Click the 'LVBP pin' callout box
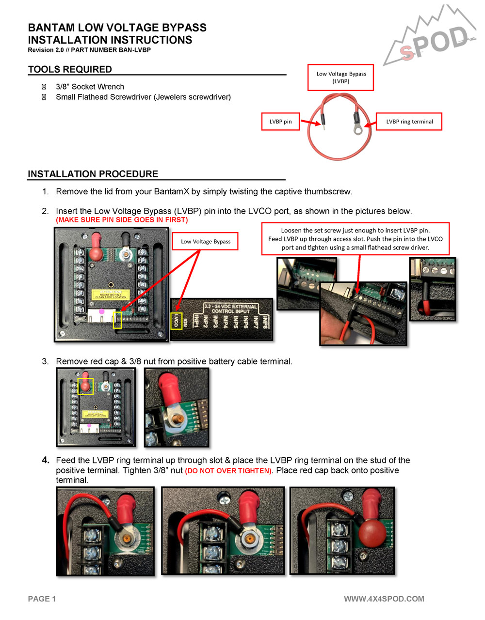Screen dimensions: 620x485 [x=280, y=122]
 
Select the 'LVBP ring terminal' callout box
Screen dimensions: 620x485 [x=409, y=122]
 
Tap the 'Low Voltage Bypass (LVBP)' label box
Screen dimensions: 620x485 [x=340, y=77]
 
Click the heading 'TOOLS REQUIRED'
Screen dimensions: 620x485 [x=70, y=69]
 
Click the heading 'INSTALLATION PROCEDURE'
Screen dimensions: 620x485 [x=93, y=174]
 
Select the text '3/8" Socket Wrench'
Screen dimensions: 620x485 [x=90, y=87]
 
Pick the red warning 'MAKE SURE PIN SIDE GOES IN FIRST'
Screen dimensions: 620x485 [x=122, y=220]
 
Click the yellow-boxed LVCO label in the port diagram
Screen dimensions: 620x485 [x=177, y=321]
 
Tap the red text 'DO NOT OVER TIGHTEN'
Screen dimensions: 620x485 [x=228, y=471]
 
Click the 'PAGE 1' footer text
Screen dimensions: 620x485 [x=42, y=599]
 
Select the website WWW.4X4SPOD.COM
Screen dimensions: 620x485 [x=384, y=599]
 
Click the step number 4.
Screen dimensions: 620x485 [x=46, y=460]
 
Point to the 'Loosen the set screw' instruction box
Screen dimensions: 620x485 [x=355, y=239]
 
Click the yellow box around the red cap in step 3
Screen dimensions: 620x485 [x=85, y=386]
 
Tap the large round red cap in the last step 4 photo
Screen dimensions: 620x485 [x=372, y=532]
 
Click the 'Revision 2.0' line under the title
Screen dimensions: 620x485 [x=89, y=50]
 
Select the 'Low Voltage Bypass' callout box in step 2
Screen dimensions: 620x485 [x=205, y=241]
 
